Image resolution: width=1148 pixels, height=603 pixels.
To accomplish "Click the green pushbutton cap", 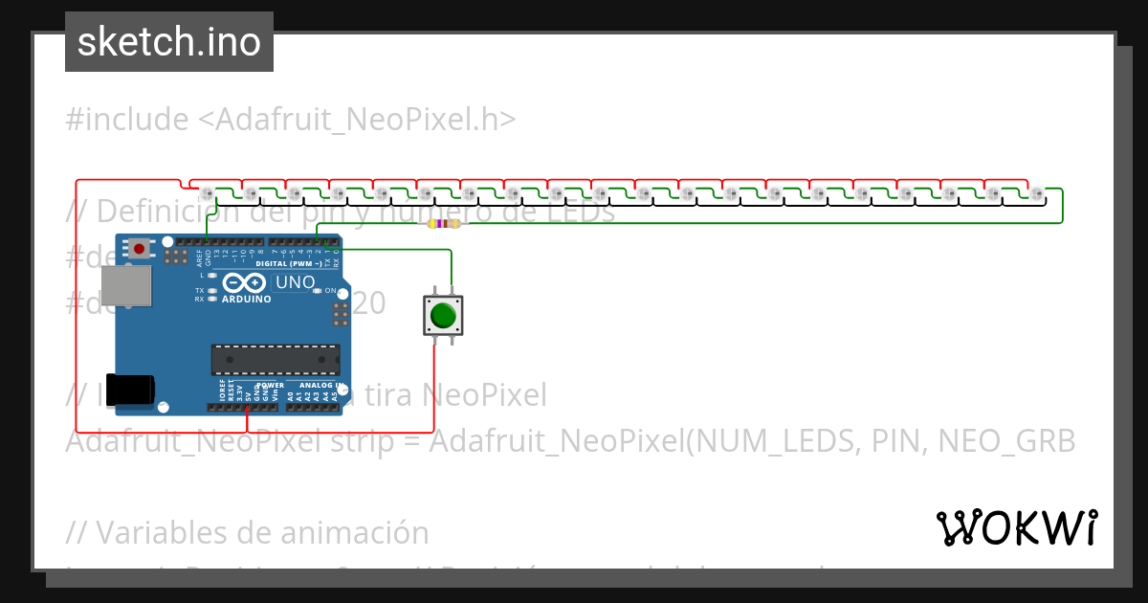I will (x=443, y=315).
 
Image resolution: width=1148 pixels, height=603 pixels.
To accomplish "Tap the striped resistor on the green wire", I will (x=444, y=224).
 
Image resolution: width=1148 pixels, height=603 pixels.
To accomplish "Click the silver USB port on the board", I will (x=127, y=285).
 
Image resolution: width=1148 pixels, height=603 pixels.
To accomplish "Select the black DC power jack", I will (x=129, y=390).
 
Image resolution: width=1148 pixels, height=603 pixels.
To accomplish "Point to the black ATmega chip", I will (x=275, y=359).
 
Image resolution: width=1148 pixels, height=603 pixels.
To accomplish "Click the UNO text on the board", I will (x=294, y=283).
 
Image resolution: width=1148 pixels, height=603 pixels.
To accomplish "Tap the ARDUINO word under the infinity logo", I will (x=246, y=299).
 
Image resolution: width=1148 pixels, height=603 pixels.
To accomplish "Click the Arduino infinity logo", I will (x=246, y=283).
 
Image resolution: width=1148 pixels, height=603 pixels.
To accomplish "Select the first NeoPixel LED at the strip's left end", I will (x=208, y=194).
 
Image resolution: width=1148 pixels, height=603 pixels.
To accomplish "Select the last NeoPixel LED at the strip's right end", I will (x=1038, y=194).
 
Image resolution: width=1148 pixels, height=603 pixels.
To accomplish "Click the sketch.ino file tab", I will (x=169, y=42).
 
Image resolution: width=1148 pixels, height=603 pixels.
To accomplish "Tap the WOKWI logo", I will (x=1016, y=527).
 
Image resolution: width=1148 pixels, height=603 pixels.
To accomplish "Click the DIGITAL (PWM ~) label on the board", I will (x=288, y=263).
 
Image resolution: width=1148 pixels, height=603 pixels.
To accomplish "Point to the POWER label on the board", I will (x=263, y=385).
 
